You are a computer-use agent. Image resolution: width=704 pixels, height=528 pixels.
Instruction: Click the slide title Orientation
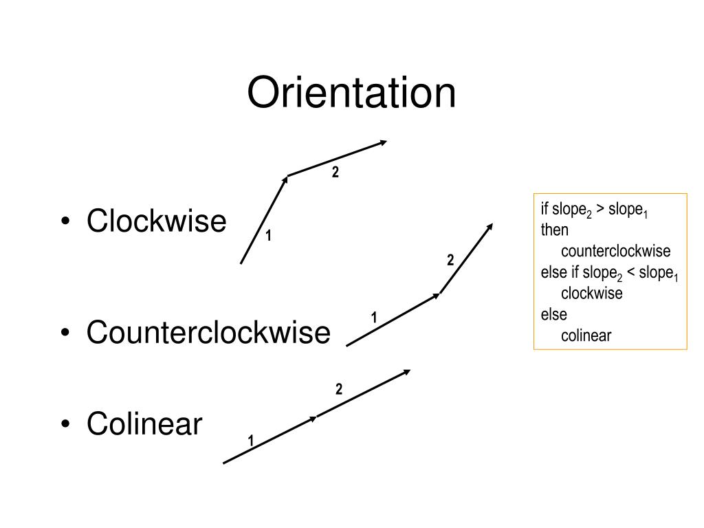(x=351, y=93)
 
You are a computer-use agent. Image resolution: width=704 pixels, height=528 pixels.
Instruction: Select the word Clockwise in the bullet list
(x=156, y=221)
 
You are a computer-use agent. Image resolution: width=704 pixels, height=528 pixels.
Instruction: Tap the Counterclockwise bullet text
(x=208, y=333)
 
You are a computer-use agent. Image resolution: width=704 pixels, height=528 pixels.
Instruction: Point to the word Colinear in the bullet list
(x=144, y=424)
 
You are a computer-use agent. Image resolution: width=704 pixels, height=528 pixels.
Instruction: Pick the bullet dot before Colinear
(x=66, y=426)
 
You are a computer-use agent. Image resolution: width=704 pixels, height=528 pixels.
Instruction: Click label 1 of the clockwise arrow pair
(x=269, y=236)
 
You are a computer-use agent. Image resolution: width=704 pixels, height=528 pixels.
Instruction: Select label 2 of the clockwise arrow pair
(x=335, y=173)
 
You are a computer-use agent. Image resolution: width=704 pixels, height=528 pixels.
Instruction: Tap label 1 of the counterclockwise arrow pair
(x=374, y=318)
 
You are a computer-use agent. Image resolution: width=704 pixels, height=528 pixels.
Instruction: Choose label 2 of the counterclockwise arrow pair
(x=450, y=261)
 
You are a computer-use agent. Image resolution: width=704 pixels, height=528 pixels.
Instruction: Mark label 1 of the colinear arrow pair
(x=251, y=440)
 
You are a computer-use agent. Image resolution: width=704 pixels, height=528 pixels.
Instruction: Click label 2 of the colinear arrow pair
(x=339, y=390)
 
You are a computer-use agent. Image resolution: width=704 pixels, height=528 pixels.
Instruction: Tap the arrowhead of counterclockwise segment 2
(x=490, y=226)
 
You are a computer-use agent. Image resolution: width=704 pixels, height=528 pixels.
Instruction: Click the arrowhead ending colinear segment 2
(x=407, y=372)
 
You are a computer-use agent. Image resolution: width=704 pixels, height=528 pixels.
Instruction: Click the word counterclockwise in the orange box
(x=615, y=250)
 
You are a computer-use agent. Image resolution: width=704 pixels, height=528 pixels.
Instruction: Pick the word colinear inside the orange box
(x=586, y=335)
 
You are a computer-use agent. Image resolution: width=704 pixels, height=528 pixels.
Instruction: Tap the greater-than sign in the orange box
(x=599, y=209)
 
